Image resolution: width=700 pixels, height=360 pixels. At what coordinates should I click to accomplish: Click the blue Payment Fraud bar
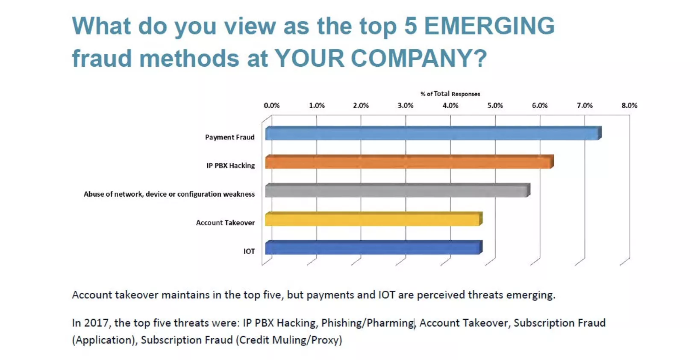click(432, 134)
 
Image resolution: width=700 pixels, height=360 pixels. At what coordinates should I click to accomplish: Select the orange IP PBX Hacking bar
click(408, 162)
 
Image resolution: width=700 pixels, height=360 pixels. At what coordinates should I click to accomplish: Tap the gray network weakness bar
click(396, 191)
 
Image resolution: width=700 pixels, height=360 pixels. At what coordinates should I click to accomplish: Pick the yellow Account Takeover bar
click(373, 219)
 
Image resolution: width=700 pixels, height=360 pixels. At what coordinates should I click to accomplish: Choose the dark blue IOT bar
click(373, 248)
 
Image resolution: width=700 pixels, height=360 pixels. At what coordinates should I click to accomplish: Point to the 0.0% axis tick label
click(272, 106)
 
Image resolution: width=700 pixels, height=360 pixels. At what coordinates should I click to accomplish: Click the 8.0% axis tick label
click(629, 106)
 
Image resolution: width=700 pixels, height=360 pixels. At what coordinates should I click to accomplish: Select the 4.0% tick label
click(450, 106)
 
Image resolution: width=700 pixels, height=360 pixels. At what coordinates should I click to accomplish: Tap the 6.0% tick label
click(540, 106)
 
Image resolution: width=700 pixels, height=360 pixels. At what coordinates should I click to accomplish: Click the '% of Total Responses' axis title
click(450, 94)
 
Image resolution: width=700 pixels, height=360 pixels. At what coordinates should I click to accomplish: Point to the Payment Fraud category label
click(229, 137)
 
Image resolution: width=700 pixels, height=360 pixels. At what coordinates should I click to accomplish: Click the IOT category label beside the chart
click(249, 251)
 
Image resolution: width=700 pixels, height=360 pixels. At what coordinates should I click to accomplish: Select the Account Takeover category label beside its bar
click(225, 223)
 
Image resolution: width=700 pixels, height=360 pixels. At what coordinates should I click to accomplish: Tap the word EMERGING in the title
click(489, 26)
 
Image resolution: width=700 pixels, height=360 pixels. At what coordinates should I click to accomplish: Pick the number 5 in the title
click(410, 26)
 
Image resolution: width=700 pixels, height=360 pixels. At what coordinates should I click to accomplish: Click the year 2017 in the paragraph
click(96, 323)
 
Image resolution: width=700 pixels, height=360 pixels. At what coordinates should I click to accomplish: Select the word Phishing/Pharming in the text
click(368, 323)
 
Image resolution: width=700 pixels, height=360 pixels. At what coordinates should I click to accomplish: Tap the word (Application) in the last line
click(104, 340)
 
